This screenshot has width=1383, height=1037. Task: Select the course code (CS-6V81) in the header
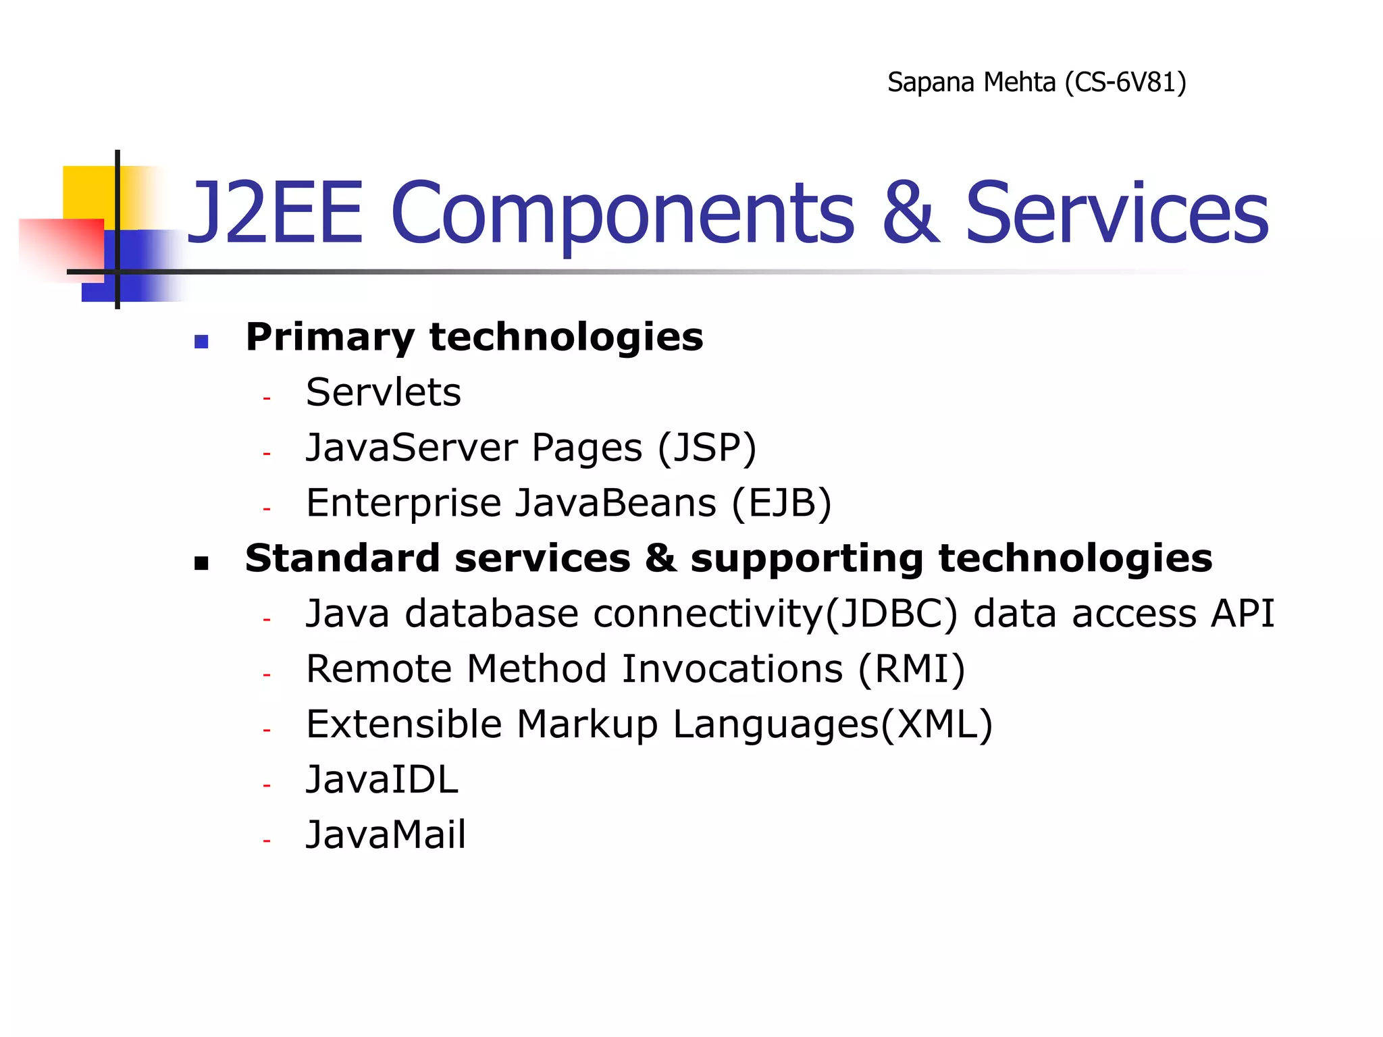click(x=1125, y=82)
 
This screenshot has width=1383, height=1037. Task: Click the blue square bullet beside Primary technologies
click(x=201, y=341)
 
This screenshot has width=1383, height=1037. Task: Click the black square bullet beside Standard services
click(x=201, y=562)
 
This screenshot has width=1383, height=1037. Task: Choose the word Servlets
click(x=383, y=392)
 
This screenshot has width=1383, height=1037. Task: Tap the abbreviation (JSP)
click(x=706, y=448)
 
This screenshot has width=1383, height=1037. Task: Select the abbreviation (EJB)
click(x=781, y=503)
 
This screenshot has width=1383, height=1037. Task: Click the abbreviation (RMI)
click(x=912, y=669)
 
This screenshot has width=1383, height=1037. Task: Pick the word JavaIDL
click(x=382, y=780)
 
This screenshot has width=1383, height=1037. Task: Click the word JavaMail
click(x=386, y=834)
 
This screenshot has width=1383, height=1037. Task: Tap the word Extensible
click(x=404, y=724)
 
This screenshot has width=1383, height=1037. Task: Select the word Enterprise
click(x=403, y=503)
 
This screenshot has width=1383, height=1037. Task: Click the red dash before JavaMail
click(x=267, y=841)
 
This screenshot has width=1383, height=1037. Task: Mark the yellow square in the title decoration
click(x=88, y=192)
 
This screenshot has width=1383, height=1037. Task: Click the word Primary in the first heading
click(x=330, y=338)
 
